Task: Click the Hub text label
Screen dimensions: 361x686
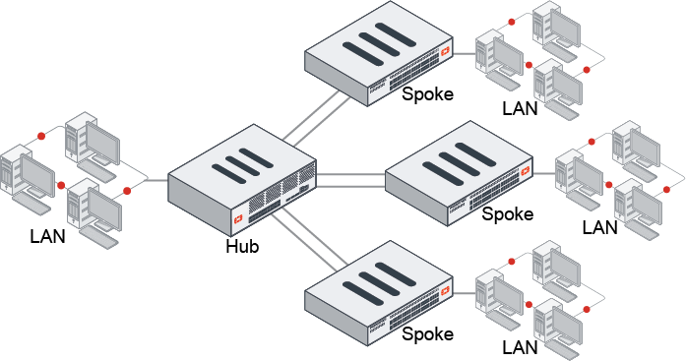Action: (241, 246)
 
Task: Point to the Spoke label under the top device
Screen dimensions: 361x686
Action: (428, 94)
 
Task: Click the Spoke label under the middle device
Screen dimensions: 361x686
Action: (508, 213)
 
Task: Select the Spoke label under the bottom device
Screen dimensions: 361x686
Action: (428, 334)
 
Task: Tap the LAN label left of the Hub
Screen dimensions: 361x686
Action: (48, 236)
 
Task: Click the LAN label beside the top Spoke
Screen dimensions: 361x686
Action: (520, 108)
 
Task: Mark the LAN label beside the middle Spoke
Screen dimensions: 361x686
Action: (599, 227)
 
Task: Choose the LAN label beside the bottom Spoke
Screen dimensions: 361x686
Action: (520, 347)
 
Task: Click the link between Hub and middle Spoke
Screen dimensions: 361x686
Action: (349, 178)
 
